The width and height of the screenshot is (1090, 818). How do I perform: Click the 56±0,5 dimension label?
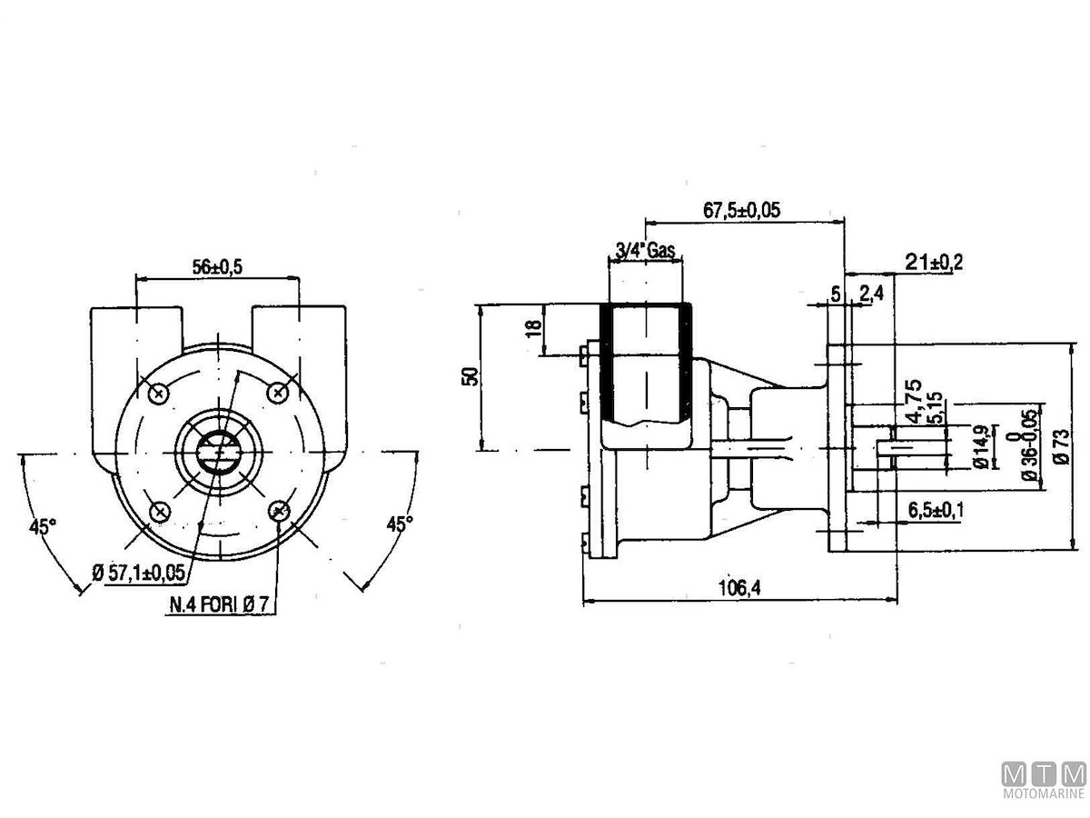217,265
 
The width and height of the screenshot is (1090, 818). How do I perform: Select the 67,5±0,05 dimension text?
742,210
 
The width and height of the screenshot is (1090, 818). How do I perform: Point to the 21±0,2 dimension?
934,263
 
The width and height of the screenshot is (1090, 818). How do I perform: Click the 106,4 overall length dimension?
738,588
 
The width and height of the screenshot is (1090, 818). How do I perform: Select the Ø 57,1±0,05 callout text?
138,572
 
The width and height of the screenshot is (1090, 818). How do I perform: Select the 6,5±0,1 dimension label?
936,511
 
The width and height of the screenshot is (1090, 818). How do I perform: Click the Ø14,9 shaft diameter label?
979,447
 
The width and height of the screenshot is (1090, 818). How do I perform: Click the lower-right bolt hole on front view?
281,511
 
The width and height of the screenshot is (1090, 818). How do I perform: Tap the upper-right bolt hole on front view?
279,392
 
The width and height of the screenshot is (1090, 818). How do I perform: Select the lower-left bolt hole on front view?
159,512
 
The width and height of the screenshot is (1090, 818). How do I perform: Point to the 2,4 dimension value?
870,293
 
